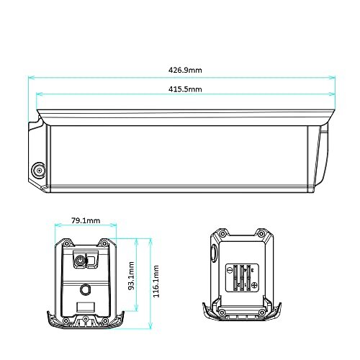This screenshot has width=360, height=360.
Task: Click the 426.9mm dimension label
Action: coord(185,70)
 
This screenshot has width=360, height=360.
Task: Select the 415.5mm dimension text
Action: coord(185,89)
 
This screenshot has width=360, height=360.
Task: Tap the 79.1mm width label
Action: coord(86,220)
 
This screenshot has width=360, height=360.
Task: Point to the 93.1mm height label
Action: coord(131,276)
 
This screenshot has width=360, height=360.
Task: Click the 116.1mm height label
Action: coord(156,282)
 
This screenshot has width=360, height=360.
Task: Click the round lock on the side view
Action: coord(39,171)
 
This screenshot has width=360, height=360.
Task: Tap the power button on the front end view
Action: coord(80,261)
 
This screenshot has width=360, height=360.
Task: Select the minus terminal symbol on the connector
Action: coord(230,270)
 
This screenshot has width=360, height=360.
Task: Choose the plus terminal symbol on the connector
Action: coord(254,285)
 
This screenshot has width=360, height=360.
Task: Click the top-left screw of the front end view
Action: coord(66,243)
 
